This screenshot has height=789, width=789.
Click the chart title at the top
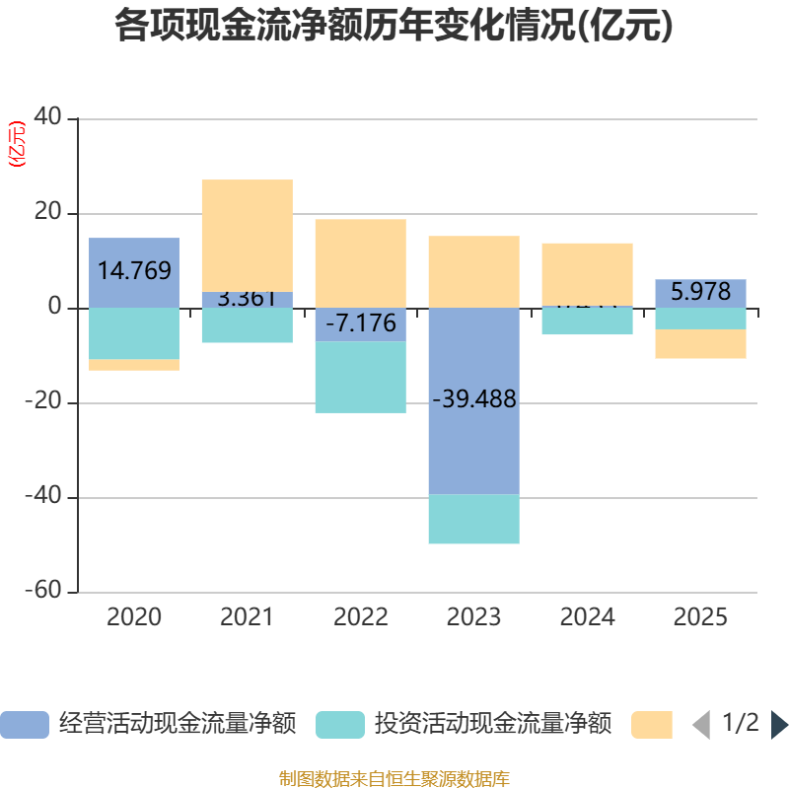tap(394, 26)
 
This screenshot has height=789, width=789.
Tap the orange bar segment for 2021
tap(247, 235)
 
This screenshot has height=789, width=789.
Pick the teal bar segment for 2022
tap(360, 377)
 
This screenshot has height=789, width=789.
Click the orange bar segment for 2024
tap(587, 273)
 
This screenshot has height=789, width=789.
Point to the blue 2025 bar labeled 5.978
tap(700, 293)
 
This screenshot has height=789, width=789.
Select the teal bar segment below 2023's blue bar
tap(473, 519)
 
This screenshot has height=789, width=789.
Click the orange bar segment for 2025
tap(700, 343)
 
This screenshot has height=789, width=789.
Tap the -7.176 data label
tap(360, 323)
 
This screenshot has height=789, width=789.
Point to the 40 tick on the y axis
tap(47, 118)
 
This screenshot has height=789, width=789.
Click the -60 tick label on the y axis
tap(42, 592)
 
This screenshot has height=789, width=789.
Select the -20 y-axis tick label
tap(42, 402)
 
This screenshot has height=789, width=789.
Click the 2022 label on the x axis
tap(360, 617)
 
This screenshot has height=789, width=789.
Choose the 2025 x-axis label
tap(700, 617)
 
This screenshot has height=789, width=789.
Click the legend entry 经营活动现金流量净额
tap(148, 724)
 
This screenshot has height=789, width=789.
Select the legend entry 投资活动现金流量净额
tap(464, 724)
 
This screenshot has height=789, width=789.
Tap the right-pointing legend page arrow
tap(779, 724)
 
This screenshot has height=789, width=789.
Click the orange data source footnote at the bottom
tap(394, 779)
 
